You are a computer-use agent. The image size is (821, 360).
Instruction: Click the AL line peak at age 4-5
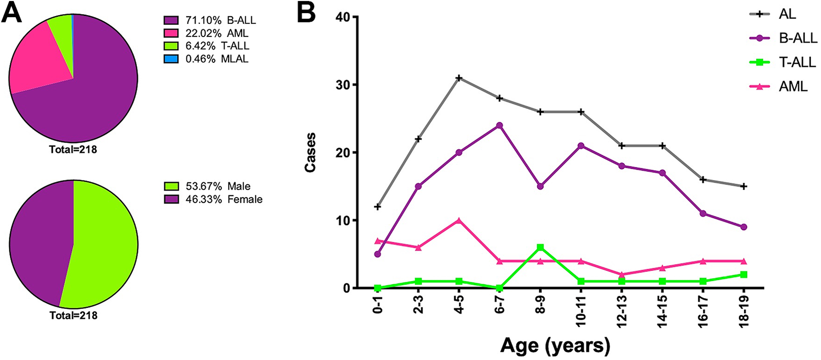tap(459, 78)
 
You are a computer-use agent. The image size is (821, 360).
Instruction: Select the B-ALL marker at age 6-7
tap(499, 125)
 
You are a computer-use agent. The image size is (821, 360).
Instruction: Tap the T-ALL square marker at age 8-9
tap(540, 247)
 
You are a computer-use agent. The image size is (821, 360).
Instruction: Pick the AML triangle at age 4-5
tap(459, 220)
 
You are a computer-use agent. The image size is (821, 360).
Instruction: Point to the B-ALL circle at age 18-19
tap(743, 227)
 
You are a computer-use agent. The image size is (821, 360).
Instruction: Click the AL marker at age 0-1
tap(378, 207)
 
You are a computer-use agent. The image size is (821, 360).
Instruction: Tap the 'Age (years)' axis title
tap(555, 345)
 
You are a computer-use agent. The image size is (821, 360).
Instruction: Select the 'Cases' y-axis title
tap(310, 152)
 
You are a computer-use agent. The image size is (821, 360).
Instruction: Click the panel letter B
tap(306, 13)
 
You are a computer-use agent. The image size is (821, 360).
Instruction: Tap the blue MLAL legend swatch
tap(171, 59)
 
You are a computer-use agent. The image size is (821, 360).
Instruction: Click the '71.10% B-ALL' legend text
tap(220, 20)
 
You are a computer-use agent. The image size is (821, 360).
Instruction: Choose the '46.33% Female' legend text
tap(224, 199)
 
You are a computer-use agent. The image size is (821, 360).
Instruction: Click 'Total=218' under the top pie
tap(73, 150)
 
